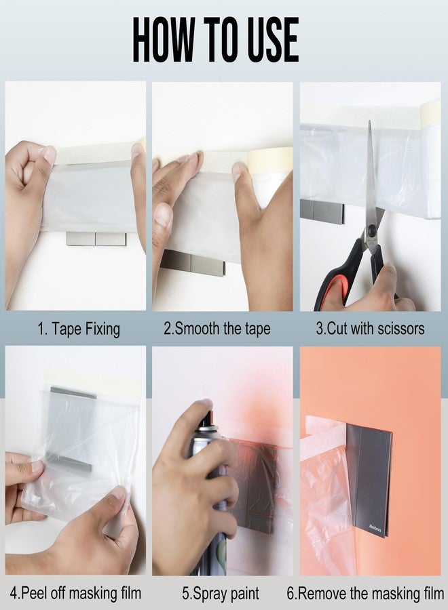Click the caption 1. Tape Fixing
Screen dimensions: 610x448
(78, 329)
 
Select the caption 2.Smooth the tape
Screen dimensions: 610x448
(217, 329)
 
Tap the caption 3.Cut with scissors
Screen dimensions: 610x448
(371, 329)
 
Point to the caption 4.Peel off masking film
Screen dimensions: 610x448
(76, 594)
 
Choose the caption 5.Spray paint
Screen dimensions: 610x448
(221, 594)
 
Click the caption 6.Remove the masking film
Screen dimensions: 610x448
(365, 594)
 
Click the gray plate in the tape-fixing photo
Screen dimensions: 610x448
(96, 239)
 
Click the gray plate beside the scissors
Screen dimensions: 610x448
(321, 210)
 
